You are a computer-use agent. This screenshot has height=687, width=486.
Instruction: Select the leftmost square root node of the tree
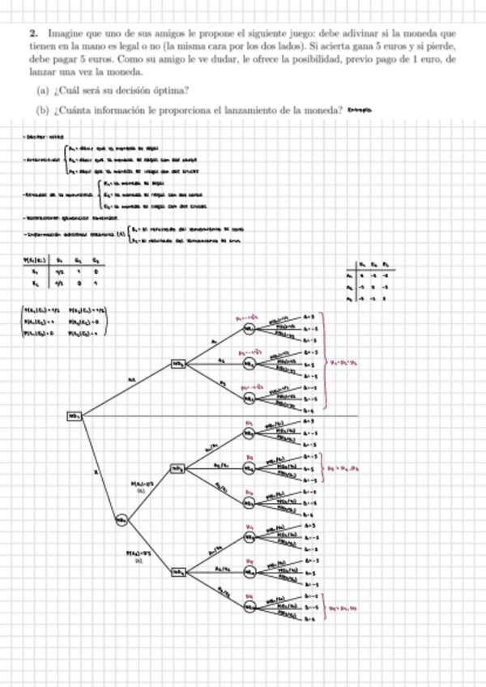point(75,416)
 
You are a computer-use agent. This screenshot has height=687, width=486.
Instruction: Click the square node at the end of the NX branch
point(177,365)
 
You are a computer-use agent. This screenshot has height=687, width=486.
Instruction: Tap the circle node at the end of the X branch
point(122,520)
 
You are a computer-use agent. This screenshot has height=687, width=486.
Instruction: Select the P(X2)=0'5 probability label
point(135,554)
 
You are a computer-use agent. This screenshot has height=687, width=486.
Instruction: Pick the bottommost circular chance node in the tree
point(250,605)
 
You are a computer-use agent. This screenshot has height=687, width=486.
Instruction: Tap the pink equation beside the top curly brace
point(342,363)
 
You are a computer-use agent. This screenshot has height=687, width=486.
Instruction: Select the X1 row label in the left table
point(34,273)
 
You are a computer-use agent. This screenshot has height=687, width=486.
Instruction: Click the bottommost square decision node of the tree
point(177,571)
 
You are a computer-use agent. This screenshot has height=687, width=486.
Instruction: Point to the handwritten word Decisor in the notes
point(33,138)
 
